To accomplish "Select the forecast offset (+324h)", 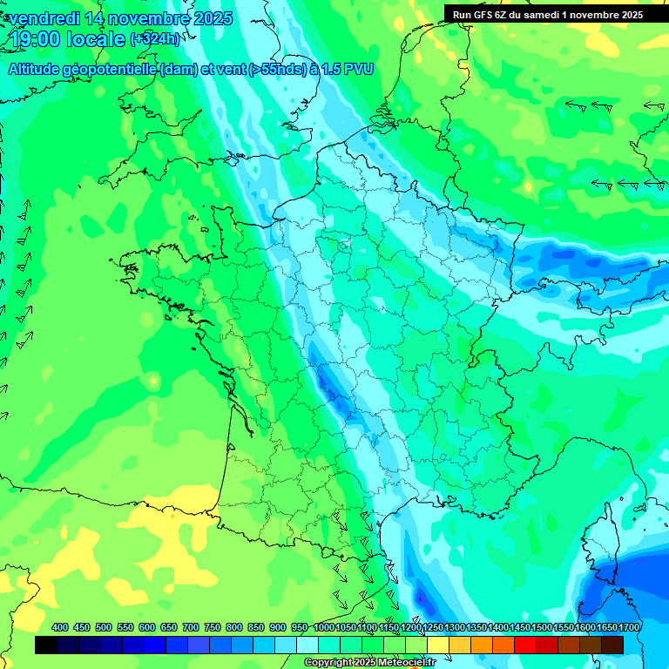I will click(x=155, y=39).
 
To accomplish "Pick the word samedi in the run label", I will click(x=553, y=15).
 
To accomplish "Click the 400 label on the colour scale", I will click(x=60, y=627).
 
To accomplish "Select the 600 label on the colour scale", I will click(x=147, y=627).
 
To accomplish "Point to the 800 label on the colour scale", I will click(x=234, y=627).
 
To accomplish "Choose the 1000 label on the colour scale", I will click(x=323, y=627).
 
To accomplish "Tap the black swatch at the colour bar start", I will click(x=46, y=645).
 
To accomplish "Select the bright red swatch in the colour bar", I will click(x=525, y=645).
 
